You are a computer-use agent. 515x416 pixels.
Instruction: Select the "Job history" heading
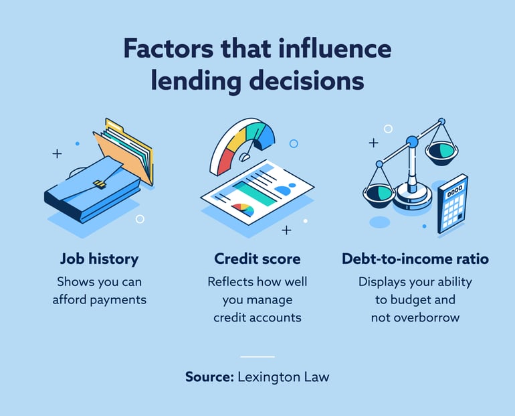[x=100, y=259]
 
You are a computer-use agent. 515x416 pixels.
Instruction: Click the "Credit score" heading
[x=257, y=259]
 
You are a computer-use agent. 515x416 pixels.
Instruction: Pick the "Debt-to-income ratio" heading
[x=415, y=259]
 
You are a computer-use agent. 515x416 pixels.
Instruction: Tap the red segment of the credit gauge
[x=222, y=161]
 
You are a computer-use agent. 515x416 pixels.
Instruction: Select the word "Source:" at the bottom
[x=209, y=376]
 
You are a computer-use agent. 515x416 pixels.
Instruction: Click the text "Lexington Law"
[x=284, y=376]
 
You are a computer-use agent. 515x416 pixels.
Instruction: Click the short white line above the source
[x=257, y=356]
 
